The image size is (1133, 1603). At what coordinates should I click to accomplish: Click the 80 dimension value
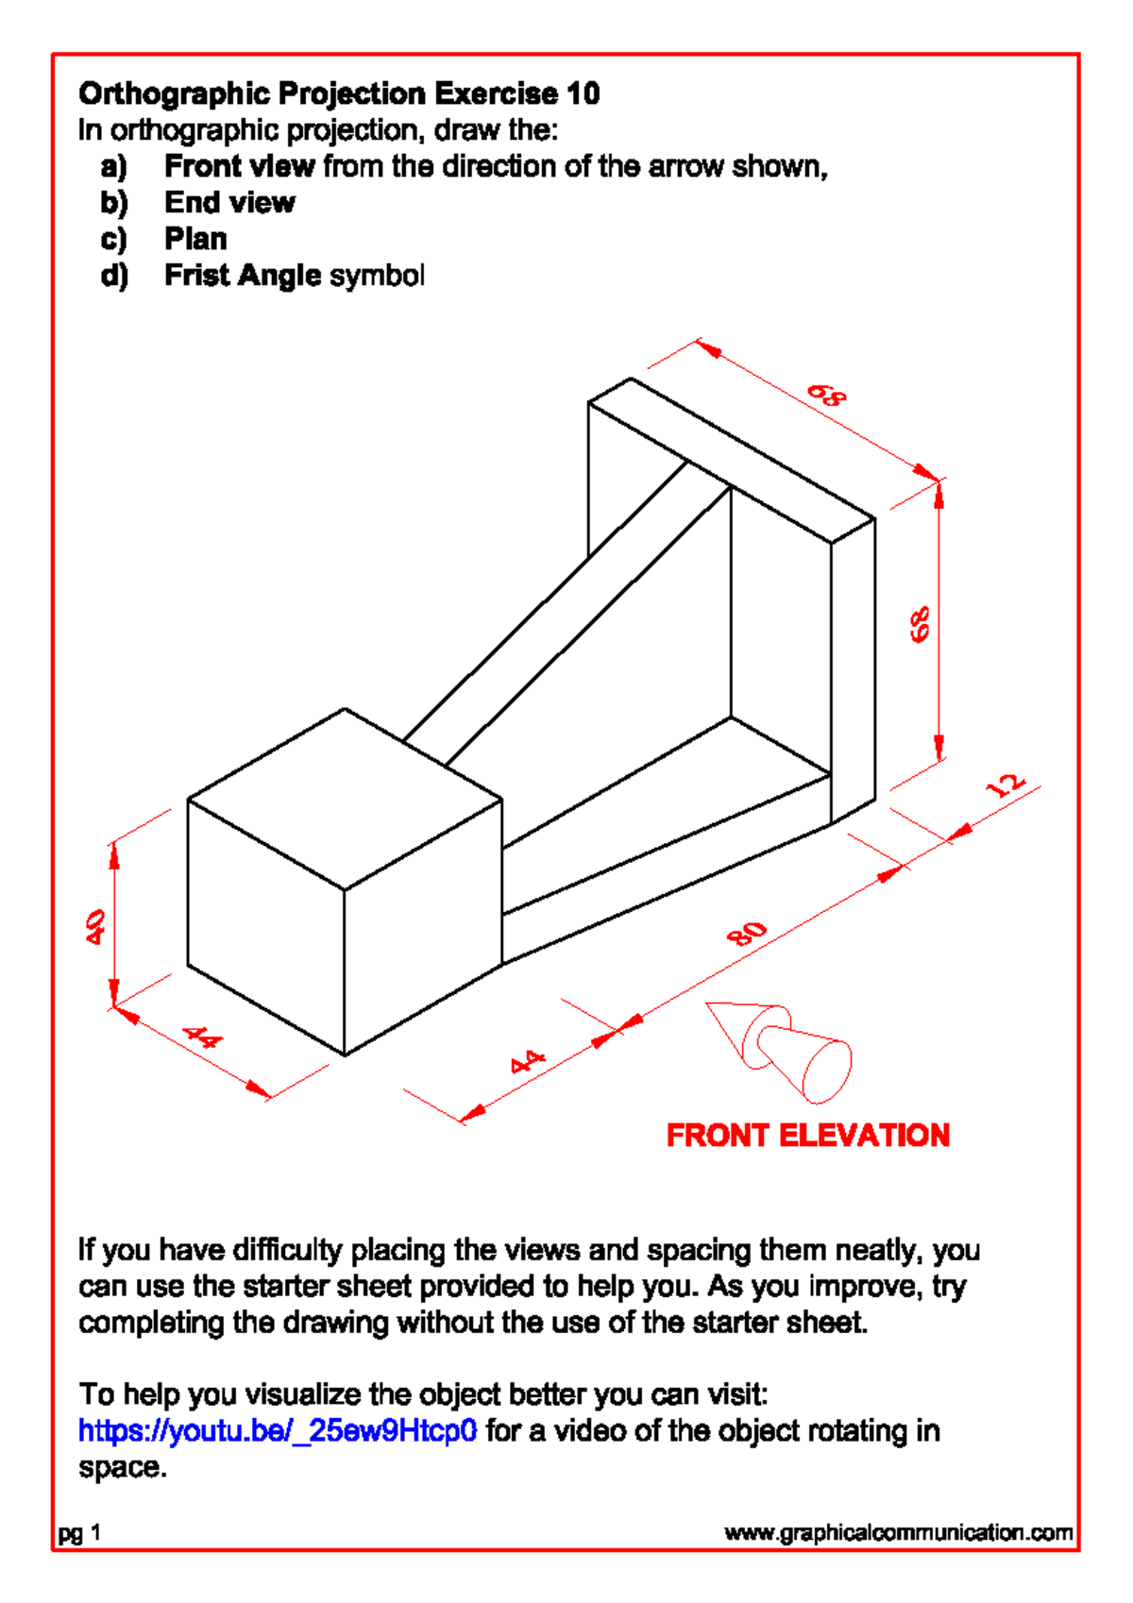click(747, 934)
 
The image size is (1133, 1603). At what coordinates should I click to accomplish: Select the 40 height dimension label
click(95, 926)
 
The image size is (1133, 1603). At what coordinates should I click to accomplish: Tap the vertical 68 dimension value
click(921, 625)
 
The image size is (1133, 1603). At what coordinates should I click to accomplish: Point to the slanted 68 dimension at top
click(826, 396)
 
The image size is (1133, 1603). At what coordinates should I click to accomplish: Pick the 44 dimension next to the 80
click(528, 1061)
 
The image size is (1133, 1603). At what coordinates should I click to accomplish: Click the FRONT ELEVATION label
click(807, 1135)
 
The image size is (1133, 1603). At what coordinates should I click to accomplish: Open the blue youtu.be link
click(278, 1431)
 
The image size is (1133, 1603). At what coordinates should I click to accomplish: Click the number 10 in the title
click(583, 93)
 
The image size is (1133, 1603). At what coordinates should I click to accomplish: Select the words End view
click(229, 203)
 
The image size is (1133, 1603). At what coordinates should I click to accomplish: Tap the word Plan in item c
click(195, 239)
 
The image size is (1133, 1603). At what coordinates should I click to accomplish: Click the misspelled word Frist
click(196, 276)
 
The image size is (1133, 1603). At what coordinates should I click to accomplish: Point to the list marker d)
click(113, 276)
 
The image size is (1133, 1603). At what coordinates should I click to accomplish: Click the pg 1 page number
click(79, 1533)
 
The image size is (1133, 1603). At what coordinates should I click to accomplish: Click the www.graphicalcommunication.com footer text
click(898, 1532)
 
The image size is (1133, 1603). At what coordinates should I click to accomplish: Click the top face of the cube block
click(345, 798)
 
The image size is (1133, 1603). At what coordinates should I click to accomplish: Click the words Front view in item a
click(239, 166)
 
